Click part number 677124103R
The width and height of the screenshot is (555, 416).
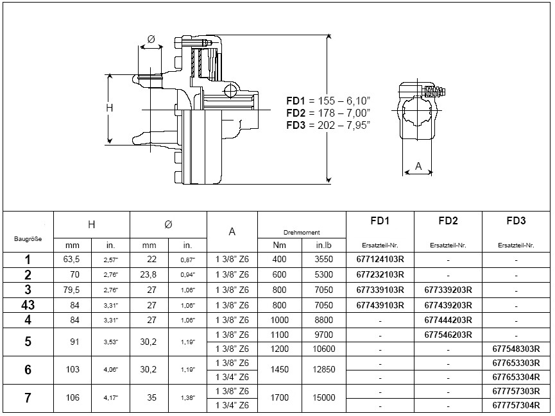pyautogui.click(x=379, y=260)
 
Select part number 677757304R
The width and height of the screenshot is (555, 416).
pyautogui.click(x=515, y=405)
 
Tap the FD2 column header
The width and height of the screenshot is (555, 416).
pyautogui.click(x=448, y=221)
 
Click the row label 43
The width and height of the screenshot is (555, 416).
pyautogui.click(x=28, y=305)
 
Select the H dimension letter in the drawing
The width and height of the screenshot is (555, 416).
pyautogui.click(x=109, y=108)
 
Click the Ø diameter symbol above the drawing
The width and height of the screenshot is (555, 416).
pyautogui.click(x=151, y=40)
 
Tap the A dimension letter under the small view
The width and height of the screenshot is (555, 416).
pyautogui.click(x=418, y=166)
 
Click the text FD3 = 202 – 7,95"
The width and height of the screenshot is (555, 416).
pyautogui.click(x=329, y=126)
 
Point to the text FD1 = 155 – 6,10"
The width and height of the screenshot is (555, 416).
pyautogui.click(x=329, y=101)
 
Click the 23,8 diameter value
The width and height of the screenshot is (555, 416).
pyautogui.click(x=149, y=275)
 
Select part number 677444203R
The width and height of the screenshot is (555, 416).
pyautogui.click(x=448, y=320)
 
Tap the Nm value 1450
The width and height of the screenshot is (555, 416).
pyautogui.click(x=280, y=370)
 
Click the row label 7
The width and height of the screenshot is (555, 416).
pyautogui.click(x=28, y=398)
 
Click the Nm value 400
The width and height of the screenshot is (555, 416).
pyautogui.click(x=280, y=260)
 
